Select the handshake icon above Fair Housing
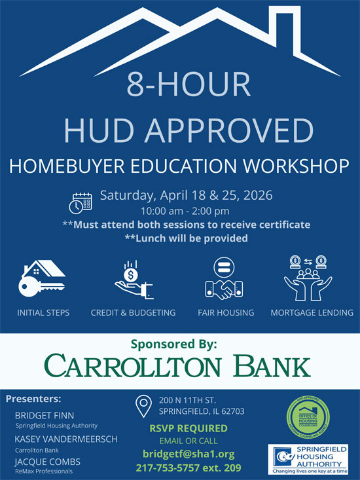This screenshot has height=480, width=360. pos(224,278)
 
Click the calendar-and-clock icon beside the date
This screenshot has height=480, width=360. pos(81,202)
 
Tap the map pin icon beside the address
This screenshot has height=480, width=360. pos(143,406)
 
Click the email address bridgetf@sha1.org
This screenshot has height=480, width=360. pos(188,454)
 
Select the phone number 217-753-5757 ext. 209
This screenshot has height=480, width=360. pos(188,468)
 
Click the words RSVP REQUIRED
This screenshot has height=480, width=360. pos(188,428)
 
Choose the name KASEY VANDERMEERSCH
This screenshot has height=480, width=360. pos(66,439)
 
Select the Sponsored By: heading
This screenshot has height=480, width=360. pos(179,343)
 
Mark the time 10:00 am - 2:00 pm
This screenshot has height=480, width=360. pos(185,211)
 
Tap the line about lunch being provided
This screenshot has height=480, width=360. pos(186,238)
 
